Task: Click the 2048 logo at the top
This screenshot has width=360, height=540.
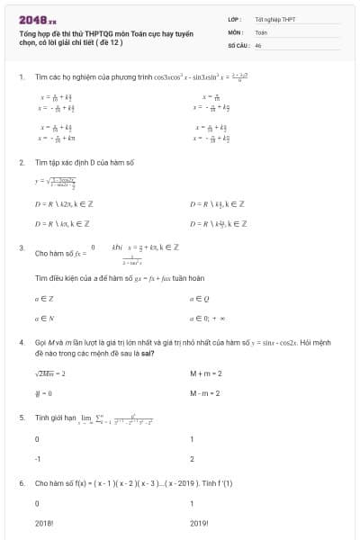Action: [36, 18]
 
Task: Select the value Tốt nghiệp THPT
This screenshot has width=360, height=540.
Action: [274, 18]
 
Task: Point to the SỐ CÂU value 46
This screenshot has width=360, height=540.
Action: [258, 44]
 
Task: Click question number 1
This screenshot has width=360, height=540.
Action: [21, 76]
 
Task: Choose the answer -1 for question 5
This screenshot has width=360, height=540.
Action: [38, 458]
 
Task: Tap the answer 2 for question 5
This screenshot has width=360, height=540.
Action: [193, 458]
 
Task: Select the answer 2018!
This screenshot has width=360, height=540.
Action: [44, 522]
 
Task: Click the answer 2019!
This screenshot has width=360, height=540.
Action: [200, 522]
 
